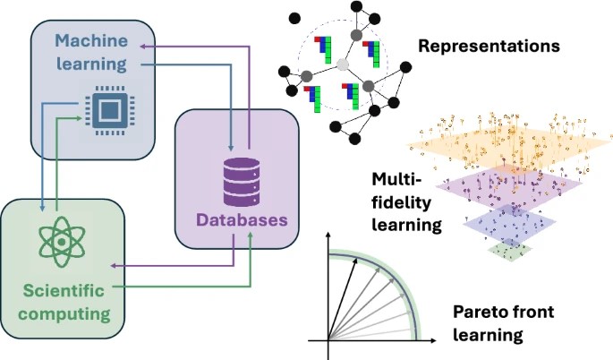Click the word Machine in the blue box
tap(85, 40)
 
